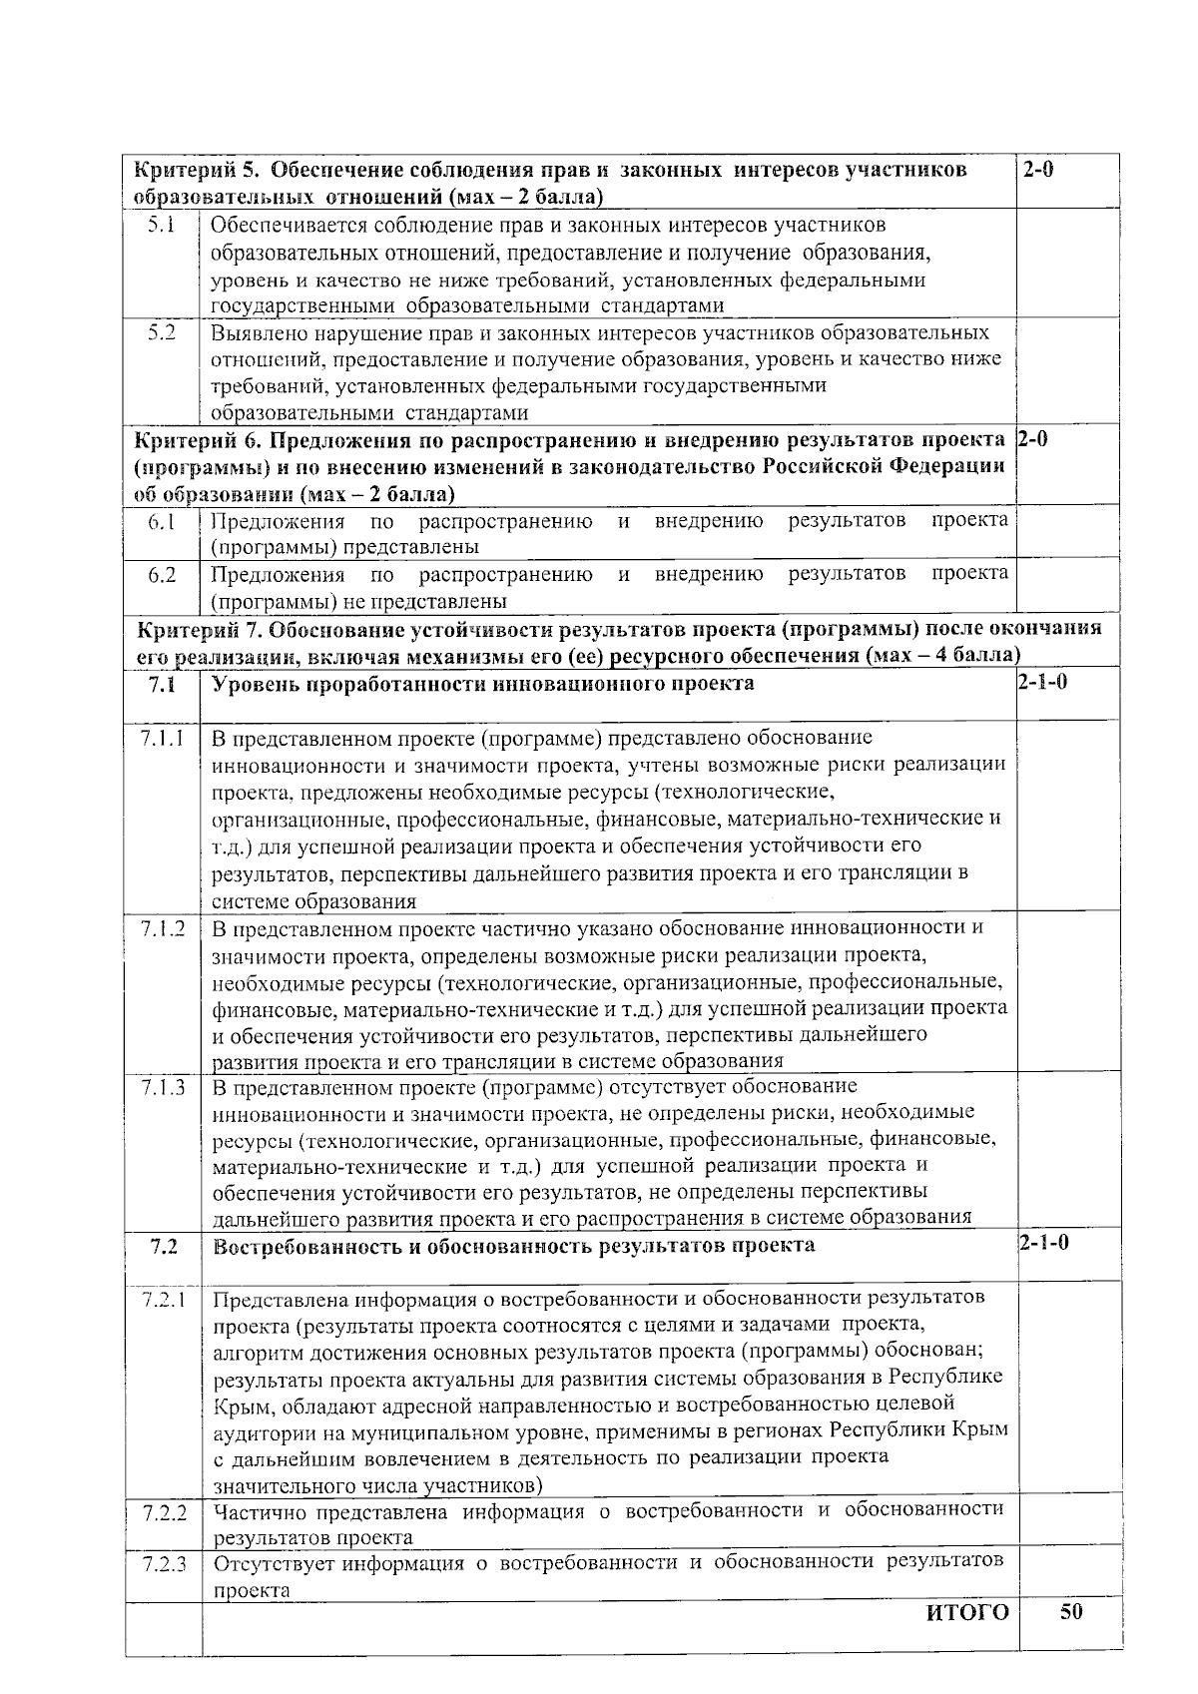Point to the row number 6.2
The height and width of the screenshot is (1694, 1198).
tap(162, 575)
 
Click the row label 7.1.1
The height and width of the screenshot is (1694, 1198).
tap(162, 739)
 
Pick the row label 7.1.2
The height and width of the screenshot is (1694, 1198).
tap(162, 928)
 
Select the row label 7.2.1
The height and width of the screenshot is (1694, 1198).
tap(164, 1299)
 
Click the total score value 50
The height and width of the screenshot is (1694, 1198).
tap(1071, 1612)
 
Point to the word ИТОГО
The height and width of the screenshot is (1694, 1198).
tap(967, 1614)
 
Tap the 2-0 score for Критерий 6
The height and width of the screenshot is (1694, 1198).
tap(1031, 440)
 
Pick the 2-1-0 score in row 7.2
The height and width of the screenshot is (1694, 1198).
tap(1043, 1244)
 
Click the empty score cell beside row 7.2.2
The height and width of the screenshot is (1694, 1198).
tap(1067, 1522)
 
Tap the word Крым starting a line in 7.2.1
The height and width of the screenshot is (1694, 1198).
tap(240, 1405)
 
